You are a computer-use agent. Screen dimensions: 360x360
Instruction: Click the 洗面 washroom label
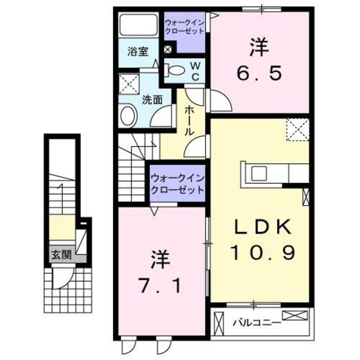coord(151,100)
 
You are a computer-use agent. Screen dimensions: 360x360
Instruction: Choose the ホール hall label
coord(190,120)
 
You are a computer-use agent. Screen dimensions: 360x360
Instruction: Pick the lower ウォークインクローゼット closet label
coord(177,183)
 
